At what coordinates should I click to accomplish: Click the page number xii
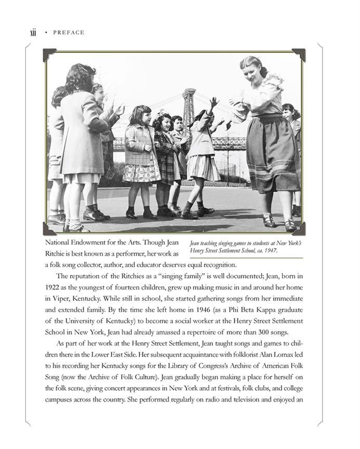[34, 33]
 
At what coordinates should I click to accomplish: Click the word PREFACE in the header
[69, 33]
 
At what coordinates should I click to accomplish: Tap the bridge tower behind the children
[188, 114]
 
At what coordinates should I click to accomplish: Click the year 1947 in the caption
[270, 250]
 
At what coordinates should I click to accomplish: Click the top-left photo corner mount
[49, 54]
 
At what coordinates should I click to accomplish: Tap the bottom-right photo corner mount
[300, 229]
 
